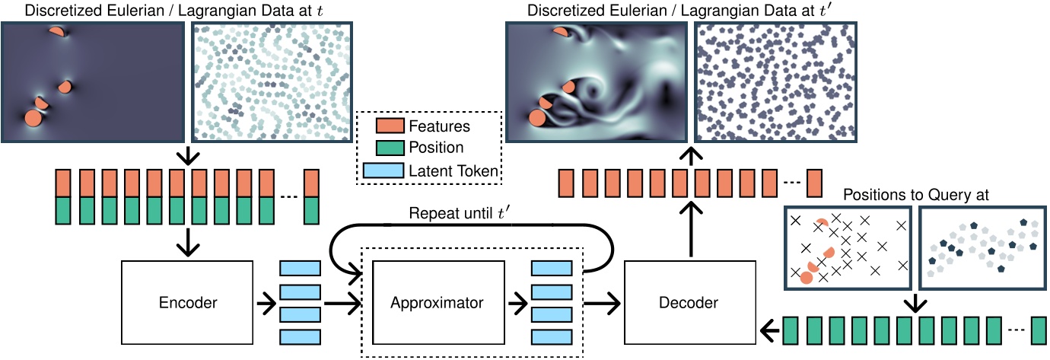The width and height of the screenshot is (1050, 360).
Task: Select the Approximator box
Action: (437, 302)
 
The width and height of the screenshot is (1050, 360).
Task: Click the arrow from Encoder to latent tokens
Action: (266, 303)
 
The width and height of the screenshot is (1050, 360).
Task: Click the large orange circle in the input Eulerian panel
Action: (33, 119)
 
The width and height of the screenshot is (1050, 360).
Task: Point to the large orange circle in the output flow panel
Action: (537, 117)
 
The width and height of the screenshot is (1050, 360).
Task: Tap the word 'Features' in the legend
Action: (439, 126)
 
